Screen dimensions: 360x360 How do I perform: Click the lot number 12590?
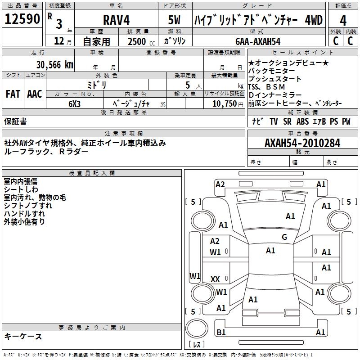[22, 19]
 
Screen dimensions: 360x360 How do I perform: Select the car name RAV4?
[116, 20]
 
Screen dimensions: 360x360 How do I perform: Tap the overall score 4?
[343, 21]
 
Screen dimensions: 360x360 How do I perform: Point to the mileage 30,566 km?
[54, 65]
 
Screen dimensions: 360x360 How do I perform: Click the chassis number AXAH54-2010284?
[302, 143]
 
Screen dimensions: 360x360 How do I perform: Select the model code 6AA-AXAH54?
[258, 41]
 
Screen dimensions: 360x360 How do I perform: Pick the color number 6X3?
[74, 104]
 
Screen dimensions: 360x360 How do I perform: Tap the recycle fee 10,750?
[224, 104]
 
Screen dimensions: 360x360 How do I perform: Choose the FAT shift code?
[13, 94]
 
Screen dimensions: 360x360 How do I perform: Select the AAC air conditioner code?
[35, 94]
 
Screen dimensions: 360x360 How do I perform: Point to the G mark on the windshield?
[284, 237]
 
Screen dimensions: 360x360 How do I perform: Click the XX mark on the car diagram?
[215, 279]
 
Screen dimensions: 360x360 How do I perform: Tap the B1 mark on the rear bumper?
[221, 332]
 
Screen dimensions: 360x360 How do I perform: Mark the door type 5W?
[174, 20]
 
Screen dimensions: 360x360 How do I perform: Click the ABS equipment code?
[302, 121]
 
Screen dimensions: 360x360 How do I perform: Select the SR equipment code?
[287, 121]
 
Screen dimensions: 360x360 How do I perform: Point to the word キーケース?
[23, 336]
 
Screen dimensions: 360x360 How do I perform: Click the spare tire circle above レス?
[197, 328]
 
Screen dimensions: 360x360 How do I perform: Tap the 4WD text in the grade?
[314, 20]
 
